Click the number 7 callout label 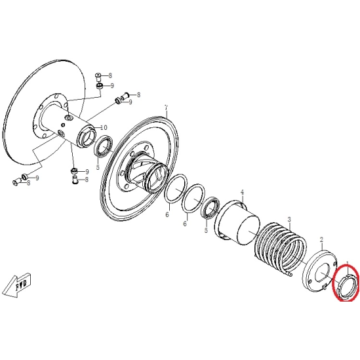pyautogui.click(x=166, y=108)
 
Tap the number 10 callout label pyautogui.click(x=104, y=128)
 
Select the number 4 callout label pyautogui.click(x=242, y=192)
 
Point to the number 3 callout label pyautogui.click(x=289, y=220)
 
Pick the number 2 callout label pyautogui.click(x=321, y=240)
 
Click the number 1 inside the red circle pyautogui.click(x=348, y=264)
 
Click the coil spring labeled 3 pyautogui.click(x=280, y=249)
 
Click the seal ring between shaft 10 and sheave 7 pyautogui.click(x=104, y=146)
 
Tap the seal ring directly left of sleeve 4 pyautogui.click(x=210, y=208)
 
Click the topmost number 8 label pyautogui.click(x=110, y=75)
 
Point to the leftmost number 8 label pyautogui.click(x=28, y=183)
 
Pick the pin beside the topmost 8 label pyautogui.click(x=98, y=77)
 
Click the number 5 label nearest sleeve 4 pyautogui.click(x=206, y=230)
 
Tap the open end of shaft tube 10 pyautogui.click(x=87, y=137)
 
